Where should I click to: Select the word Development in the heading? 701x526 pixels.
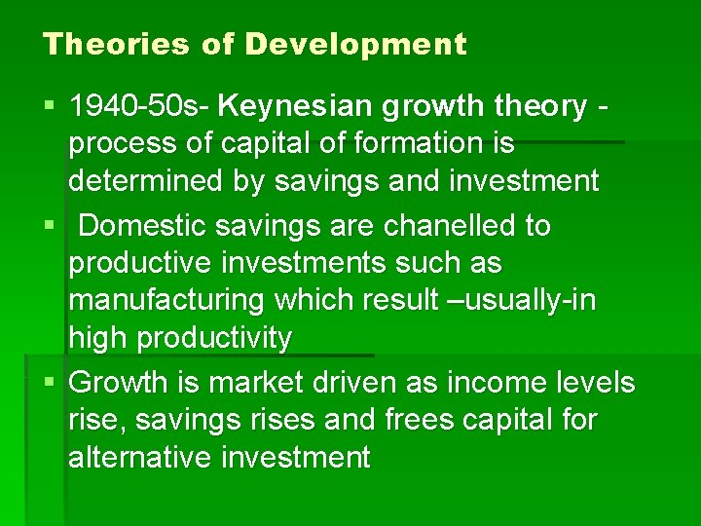(356, 45)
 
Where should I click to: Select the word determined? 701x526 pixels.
(141, 182)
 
